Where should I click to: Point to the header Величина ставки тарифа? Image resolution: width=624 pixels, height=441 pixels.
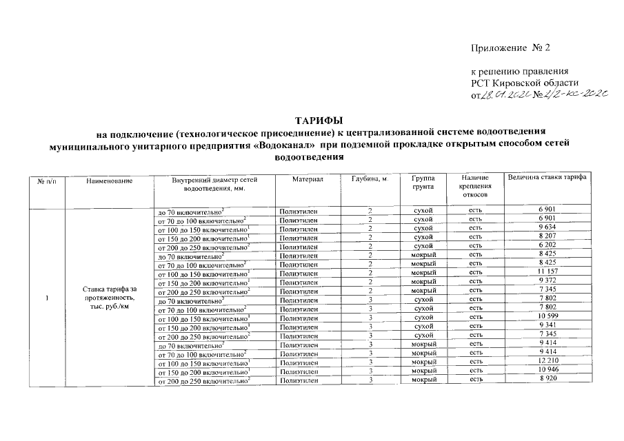(547, 178)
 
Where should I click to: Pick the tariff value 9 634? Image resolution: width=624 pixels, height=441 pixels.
(547, 227)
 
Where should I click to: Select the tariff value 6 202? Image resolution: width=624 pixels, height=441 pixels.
(547, 245)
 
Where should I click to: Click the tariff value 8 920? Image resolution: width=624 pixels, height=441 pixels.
(547, 380)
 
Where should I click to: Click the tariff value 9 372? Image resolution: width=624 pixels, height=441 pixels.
(547, 281)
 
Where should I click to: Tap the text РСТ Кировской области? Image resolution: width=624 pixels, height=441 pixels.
(516, 83)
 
